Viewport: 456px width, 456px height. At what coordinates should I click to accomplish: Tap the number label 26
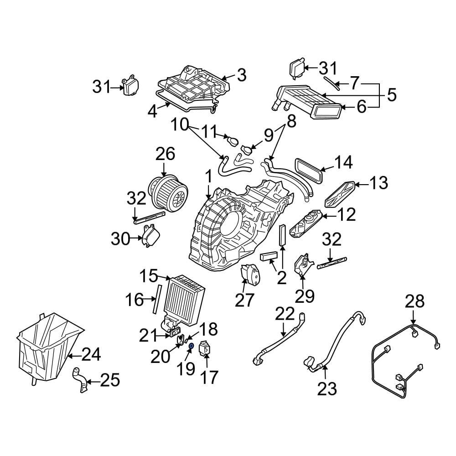click(x=165, y=154)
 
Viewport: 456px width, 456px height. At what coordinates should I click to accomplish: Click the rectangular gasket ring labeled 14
click(x=310, y=171)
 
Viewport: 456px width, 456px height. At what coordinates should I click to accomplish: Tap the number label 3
click(x=241, y=75)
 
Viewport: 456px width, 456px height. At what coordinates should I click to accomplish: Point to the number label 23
click(x=326, y=389)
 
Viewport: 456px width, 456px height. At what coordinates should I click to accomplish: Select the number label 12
click(x=347, y=214)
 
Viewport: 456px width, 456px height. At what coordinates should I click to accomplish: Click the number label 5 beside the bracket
click(x=391, y=95)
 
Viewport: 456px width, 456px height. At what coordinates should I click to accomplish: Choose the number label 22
click(x=285, y=315)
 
